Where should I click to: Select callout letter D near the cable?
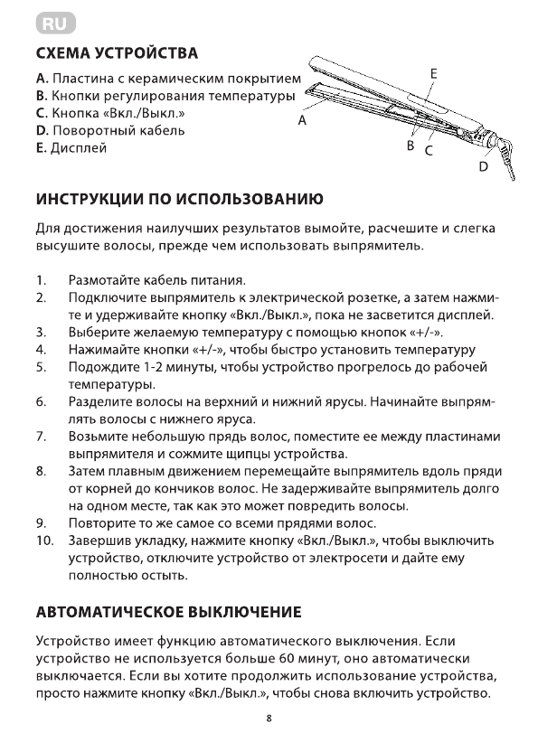tap(483, 166)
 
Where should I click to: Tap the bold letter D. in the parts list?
tap(42, 130)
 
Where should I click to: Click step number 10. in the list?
tap(45, 541)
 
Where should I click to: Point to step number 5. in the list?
tap(41, 367)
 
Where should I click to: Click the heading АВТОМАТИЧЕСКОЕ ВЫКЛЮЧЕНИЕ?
tap(168, 613)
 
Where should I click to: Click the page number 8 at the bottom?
tap(269, 719)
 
